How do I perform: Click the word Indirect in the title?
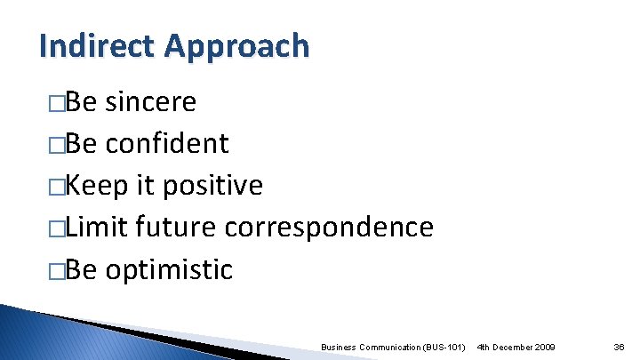(82, 45)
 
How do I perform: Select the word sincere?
(150, 102)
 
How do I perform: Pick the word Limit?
(100, 227)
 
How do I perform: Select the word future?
(177, 227)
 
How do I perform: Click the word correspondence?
(329, 227)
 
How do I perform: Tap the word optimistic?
(169, 268)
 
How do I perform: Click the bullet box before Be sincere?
(58, 103)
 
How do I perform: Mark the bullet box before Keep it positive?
(58, 186)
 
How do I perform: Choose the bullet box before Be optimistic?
(58, 269)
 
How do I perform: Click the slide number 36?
(618, 345)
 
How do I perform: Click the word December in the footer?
(509, 345)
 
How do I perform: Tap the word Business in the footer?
(338, 345)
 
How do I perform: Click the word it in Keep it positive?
(145, 185)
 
